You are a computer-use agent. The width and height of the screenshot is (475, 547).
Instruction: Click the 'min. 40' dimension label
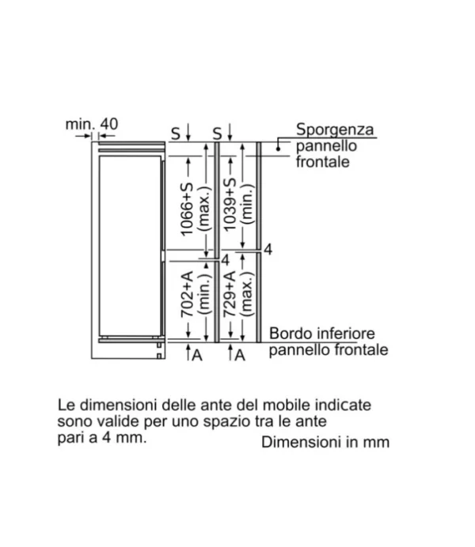click(92, 124)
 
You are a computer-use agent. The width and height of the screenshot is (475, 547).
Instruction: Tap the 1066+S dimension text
click(187, 209)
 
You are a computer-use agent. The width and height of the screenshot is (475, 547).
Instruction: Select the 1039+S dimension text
click(230, 205)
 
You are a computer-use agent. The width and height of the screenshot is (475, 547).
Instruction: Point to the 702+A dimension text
click(187, 294)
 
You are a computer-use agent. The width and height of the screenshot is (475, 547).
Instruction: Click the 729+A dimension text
click(230, 294)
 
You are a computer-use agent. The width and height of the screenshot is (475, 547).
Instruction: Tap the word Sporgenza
click(335, 130)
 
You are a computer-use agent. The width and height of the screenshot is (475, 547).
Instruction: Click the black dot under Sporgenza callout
click(279, 149)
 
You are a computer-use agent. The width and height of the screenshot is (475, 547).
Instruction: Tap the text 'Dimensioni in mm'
click(325, 442)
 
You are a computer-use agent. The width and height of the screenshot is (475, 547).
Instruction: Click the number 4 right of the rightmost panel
click(268, 249)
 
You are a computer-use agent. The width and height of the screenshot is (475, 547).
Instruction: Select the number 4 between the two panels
click(226, 260)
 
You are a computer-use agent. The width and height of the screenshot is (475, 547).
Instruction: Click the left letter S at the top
click(175, 134)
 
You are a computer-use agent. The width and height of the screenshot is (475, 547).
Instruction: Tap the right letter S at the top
click(217, 134)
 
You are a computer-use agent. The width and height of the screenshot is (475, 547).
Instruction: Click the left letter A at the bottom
click(197, 355)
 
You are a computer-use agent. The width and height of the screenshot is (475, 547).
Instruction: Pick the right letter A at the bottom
click(240, 355)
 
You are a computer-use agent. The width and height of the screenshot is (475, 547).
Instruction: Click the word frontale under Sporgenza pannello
click(323, 162)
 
